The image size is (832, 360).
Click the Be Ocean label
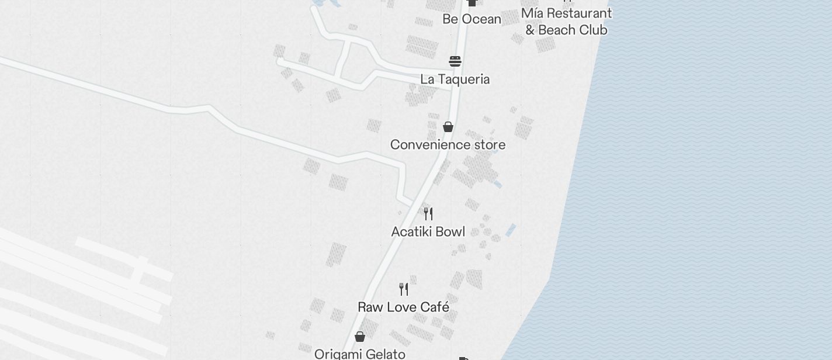click(x=472, y=19)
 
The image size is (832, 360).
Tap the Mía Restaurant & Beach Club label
click(x=566, y=22)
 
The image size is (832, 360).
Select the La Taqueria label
click(x=455, y=79)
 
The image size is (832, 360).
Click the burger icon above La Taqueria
click(x=455, y=61)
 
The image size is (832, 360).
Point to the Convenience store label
click(x=448, y=145)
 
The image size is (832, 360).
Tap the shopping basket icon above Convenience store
click(x=448, y=127)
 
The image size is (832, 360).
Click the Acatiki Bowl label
click(x=428, y=232)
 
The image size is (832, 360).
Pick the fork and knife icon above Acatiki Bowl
click(x=428, y=213)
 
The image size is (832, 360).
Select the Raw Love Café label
click(x=403, y=307)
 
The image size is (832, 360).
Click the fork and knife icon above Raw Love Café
click(x=404, y=289)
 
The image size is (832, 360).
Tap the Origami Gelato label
click(x=359, y=354)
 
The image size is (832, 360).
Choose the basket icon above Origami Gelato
click(x=360, y=337)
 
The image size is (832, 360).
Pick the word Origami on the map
click(x=338, y=354)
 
